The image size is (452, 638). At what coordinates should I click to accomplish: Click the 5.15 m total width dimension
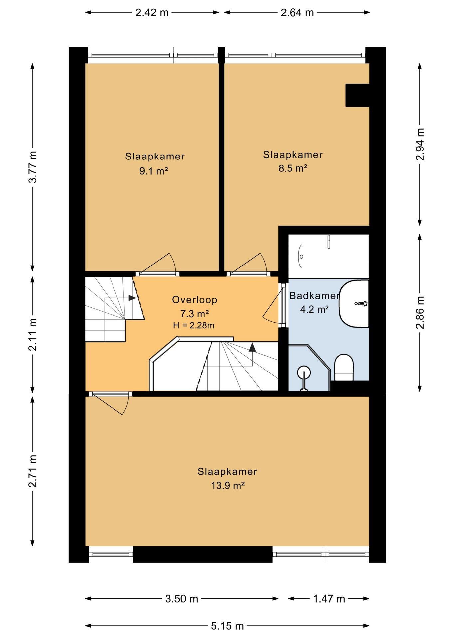[x=227, y=626]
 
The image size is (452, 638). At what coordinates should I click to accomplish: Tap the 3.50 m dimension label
[x=182, y=599]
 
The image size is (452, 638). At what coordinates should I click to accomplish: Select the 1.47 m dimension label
[x=329, y=599]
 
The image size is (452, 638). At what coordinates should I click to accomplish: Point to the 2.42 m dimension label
[x=152, y=13]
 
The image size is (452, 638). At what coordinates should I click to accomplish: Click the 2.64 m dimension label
[x=297, y=13]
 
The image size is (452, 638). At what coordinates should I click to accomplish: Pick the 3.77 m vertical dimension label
[x=33, y=167]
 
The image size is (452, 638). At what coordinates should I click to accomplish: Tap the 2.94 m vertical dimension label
[x=420, y=144]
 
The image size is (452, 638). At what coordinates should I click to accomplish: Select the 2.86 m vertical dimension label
[x=420, y=312]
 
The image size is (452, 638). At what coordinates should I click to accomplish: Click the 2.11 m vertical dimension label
[x=33, y=335]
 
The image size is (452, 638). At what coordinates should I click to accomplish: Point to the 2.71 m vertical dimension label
[x=33, y=471]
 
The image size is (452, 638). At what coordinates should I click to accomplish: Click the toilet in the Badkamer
[x=343, y=367]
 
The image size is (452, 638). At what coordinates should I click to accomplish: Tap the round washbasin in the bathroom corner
[x=304, y=372]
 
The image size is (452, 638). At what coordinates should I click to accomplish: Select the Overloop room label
[x=195, y=300]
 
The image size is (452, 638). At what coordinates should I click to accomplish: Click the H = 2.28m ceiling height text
[x=194, y=325]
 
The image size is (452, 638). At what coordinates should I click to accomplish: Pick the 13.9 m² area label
[x=228, y=486]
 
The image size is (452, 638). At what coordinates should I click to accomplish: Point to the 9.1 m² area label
[x=153, y=171]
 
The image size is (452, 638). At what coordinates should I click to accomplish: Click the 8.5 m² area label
[x=293, y=168]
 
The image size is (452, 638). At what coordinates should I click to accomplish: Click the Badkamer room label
[x=314, y=295]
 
